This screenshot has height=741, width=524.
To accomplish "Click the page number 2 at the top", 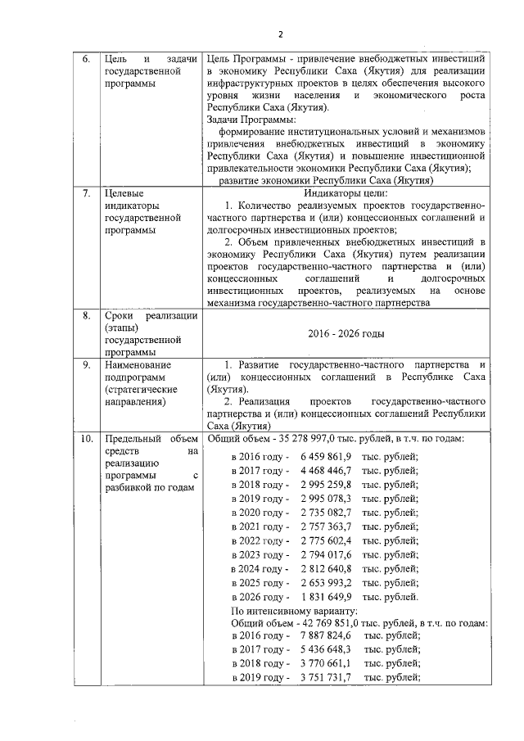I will [x=279, y=34].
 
